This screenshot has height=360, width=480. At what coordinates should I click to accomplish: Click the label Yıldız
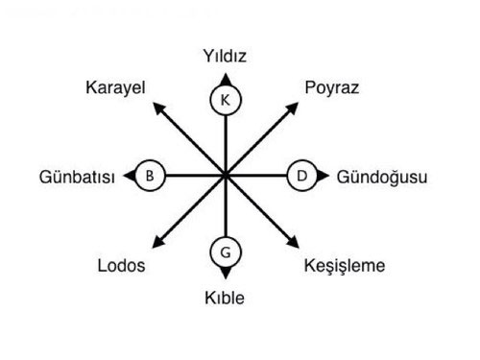pyautogui.click(x=226, y=56)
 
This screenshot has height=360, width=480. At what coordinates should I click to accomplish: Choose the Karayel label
pyautogui.click(x=114, y=88)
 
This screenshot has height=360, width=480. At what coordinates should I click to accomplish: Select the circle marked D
pyautogui.click(x=301, y=176)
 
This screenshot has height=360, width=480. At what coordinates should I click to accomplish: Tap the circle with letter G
pyautogui.click(x=225, y=253)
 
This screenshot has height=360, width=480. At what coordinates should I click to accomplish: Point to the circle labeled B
pyautogui.click(x=149, y=176)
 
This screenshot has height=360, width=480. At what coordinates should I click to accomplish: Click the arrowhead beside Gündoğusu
pyautogui.click(x=324, y=176)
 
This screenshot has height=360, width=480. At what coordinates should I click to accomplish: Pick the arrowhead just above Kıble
pyautogui.click(x=225, y=275)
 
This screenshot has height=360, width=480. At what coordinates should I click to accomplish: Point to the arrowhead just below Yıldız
pyautogui.click(x=225, y=77)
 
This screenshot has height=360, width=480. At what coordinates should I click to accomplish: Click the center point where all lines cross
pyautogui.click(x=225, y=176)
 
